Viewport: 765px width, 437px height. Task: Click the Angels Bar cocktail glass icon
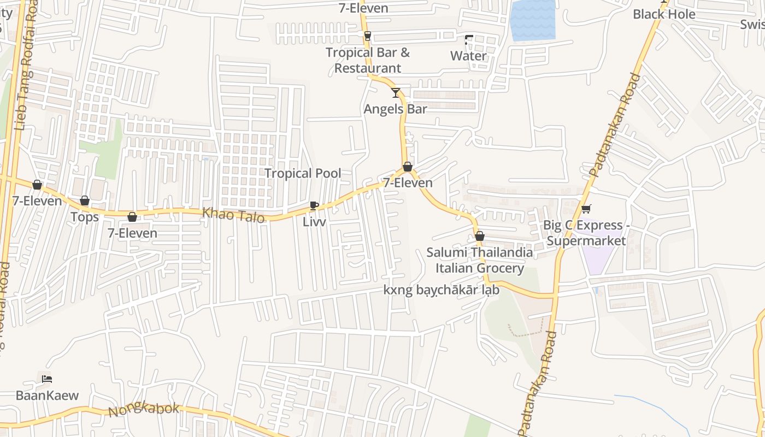pos(396,92)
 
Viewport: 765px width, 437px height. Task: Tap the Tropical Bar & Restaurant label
pos(368,60)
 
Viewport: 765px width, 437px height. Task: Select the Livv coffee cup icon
pos(314,205)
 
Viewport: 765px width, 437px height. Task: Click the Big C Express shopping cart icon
pos(586,209)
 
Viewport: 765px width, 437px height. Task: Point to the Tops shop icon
pos(85,201)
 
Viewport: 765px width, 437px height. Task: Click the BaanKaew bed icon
pos(47,379)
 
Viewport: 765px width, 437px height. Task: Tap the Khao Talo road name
pos(234,215)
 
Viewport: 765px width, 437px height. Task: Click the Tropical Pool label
pos(303,174)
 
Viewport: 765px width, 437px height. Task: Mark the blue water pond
pos(532,20)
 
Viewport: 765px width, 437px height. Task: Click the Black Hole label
pos(664,14)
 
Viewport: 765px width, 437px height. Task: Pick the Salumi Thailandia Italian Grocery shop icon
pos(480,237)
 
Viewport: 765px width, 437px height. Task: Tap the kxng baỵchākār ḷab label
pos(442,290)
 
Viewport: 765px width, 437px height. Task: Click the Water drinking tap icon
pos(469,40)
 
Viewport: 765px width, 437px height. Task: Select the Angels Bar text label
pos(396,109)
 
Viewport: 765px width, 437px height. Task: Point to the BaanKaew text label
pos(47,395)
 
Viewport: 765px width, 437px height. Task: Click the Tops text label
pos(85,217)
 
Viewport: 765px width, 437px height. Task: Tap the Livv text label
pos(314,222)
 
